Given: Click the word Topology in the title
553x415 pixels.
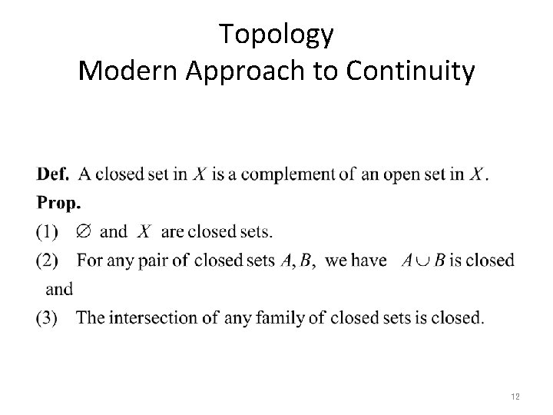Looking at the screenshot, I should [276, 33].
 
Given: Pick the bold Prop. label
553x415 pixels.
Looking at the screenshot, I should [58, 203].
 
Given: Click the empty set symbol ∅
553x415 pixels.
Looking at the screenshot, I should [83, 231].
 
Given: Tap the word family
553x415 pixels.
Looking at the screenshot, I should [280, 317].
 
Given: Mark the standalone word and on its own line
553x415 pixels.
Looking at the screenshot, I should [59, 289].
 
